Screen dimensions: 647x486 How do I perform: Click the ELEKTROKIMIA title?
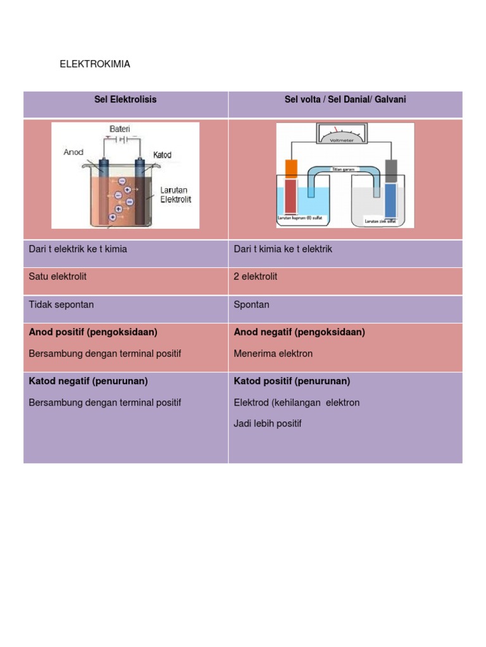pos(94,64)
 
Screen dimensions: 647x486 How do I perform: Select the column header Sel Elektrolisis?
pos(125,100)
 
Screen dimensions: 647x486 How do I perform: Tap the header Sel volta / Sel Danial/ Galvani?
pos(345,100)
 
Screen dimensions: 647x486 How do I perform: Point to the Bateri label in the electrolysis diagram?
pos(120,129)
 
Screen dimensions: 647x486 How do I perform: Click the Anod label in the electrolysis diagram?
pos(74,152)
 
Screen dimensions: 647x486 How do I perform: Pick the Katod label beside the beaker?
pos(162,155)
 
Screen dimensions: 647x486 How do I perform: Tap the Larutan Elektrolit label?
pos(175,195)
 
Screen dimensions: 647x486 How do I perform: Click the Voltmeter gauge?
pos(345,134)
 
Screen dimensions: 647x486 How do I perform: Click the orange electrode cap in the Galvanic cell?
pos(291,168)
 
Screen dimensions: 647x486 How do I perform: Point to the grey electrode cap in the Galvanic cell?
pos(391,171)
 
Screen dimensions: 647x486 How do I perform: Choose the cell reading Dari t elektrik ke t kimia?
pos(78,250)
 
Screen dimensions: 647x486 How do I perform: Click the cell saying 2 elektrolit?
pos(256,277)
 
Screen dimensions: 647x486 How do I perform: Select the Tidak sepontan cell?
pos(61,305)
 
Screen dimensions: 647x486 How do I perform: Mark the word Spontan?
pos(252,305)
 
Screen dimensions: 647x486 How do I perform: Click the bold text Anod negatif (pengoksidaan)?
pos(299,332)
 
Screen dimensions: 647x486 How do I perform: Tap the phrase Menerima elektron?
pos(273,354)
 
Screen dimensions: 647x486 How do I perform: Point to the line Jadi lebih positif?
pos(268,424)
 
